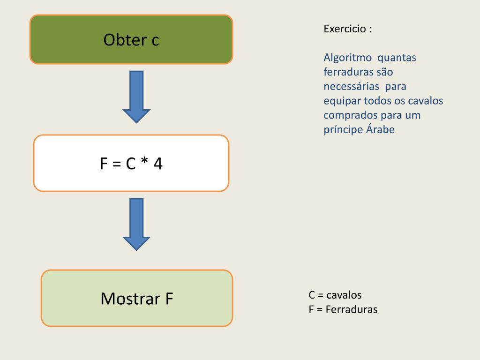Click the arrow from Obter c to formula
click(136, 96)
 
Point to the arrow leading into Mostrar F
click(136, 223)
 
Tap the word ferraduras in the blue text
click(348, 72)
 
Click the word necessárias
click(351, 87)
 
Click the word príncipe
click(343, 130)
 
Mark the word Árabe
click(380, 130)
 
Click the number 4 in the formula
click(158, 164)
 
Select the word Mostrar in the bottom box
click(125, 299)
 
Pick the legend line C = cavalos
click(335, 295)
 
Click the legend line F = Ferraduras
click(343, 309)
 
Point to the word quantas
click(397, 58)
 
